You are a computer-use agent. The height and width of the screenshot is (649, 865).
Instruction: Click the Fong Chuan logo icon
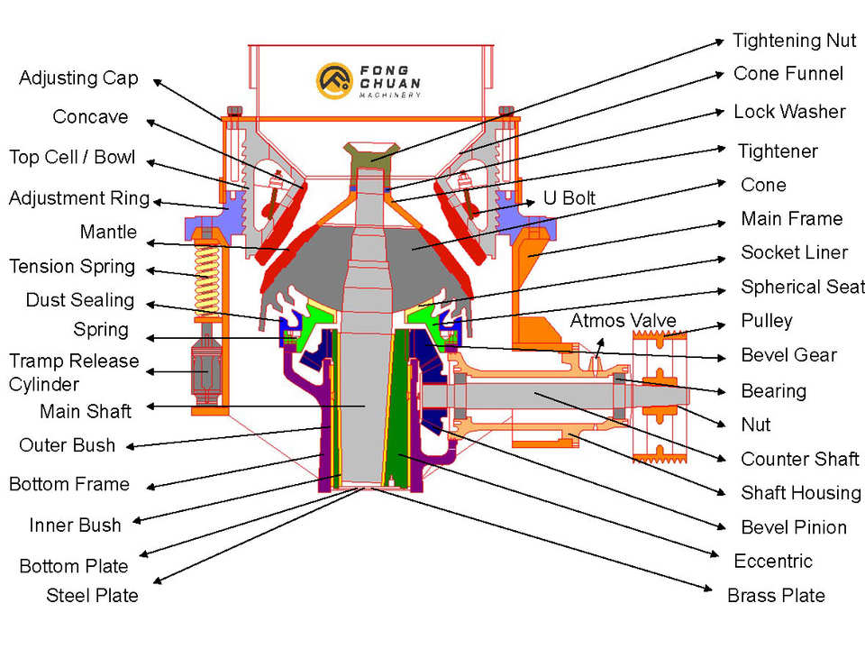click(332, 79)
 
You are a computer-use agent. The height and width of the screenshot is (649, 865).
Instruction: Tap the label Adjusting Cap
click(78, 78)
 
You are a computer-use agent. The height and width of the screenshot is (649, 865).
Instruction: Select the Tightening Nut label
click(794, 41)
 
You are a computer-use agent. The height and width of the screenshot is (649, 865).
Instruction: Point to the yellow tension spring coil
click(208, 275)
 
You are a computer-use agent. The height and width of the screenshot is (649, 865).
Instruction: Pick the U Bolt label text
click(569, 198)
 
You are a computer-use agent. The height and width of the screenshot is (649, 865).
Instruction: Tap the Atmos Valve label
click(623, 321)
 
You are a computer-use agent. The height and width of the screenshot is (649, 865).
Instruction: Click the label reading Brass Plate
click(776, 595)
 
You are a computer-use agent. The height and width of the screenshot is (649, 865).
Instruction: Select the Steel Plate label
click(92, 595)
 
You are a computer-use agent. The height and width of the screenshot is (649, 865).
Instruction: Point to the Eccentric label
click(773, 561)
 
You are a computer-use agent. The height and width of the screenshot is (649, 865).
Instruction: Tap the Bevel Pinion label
click(793, 527)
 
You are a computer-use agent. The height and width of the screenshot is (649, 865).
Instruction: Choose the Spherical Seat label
click(801, 288)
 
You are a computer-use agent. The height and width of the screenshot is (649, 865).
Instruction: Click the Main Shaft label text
click(86, 412)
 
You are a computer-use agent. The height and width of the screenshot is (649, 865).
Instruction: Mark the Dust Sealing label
click(79, 300)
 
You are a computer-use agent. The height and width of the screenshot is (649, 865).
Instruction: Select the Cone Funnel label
click(788, 74)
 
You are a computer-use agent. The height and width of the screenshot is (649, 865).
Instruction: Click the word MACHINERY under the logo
click(389, 95)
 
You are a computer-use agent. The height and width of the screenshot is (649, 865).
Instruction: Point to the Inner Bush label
click(75, 525)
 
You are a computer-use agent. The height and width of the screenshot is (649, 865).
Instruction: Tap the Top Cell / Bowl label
click(72, 158)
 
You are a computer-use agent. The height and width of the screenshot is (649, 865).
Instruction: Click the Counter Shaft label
click(799, 459)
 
